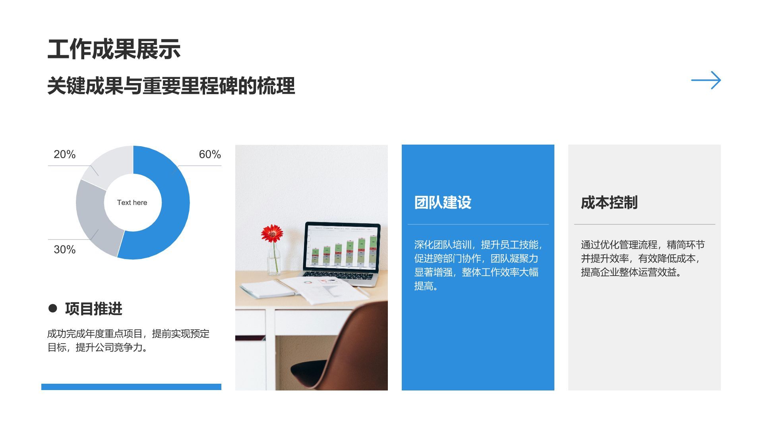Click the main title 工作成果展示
114,50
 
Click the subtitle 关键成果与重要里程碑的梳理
171,86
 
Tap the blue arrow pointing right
706,80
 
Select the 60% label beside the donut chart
209,154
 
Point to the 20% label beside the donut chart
64,154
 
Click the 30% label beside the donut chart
64,249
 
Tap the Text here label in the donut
132,203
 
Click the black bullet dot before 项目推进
52,308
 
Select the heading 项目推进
93,309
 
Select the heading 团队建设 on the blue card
443,203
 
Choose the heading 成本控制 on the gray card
609,203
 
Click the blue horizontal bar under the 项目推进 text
131,387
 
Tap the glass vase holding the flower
273,260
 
